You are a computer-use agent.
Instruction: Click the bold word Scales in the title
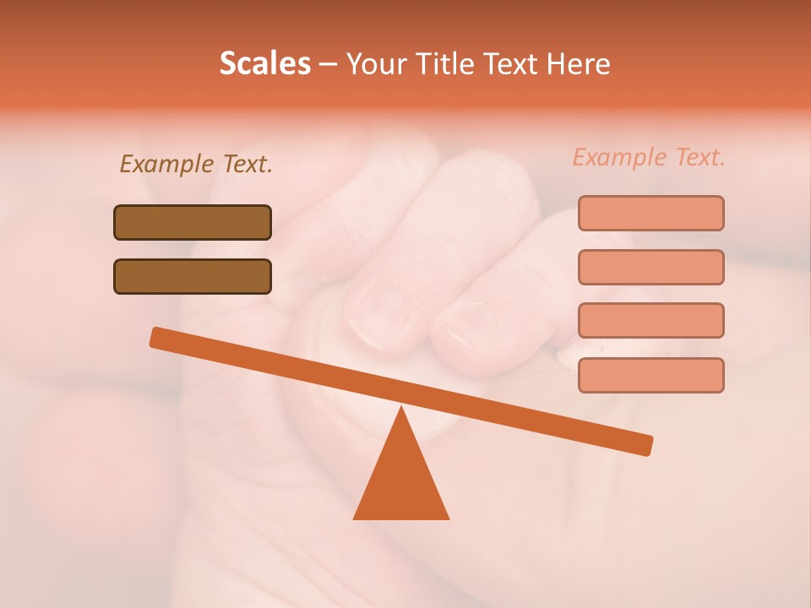(264, 63)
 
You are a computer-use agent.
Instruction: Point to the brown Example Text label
(196, 164)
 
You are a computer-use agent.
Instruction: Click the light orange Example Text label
(649, 157)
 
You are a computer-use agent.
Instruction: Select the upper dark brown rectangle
(193, 222)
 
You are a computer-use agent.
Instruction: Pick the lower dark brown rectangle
(193, 276)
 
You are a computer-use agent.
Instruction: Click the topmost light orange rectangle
(650, 213)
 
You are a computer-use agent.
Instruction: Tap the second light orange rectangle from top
(650, 267)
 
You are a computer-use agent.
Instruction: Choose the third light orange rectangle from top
(650, 320)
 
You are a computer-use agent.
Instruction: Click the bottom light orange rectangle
(650, 375)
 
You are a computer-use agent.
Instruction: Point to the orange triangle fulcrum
(401, 481)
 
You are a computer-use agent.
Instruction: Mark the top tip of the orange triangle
(401, 409)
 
